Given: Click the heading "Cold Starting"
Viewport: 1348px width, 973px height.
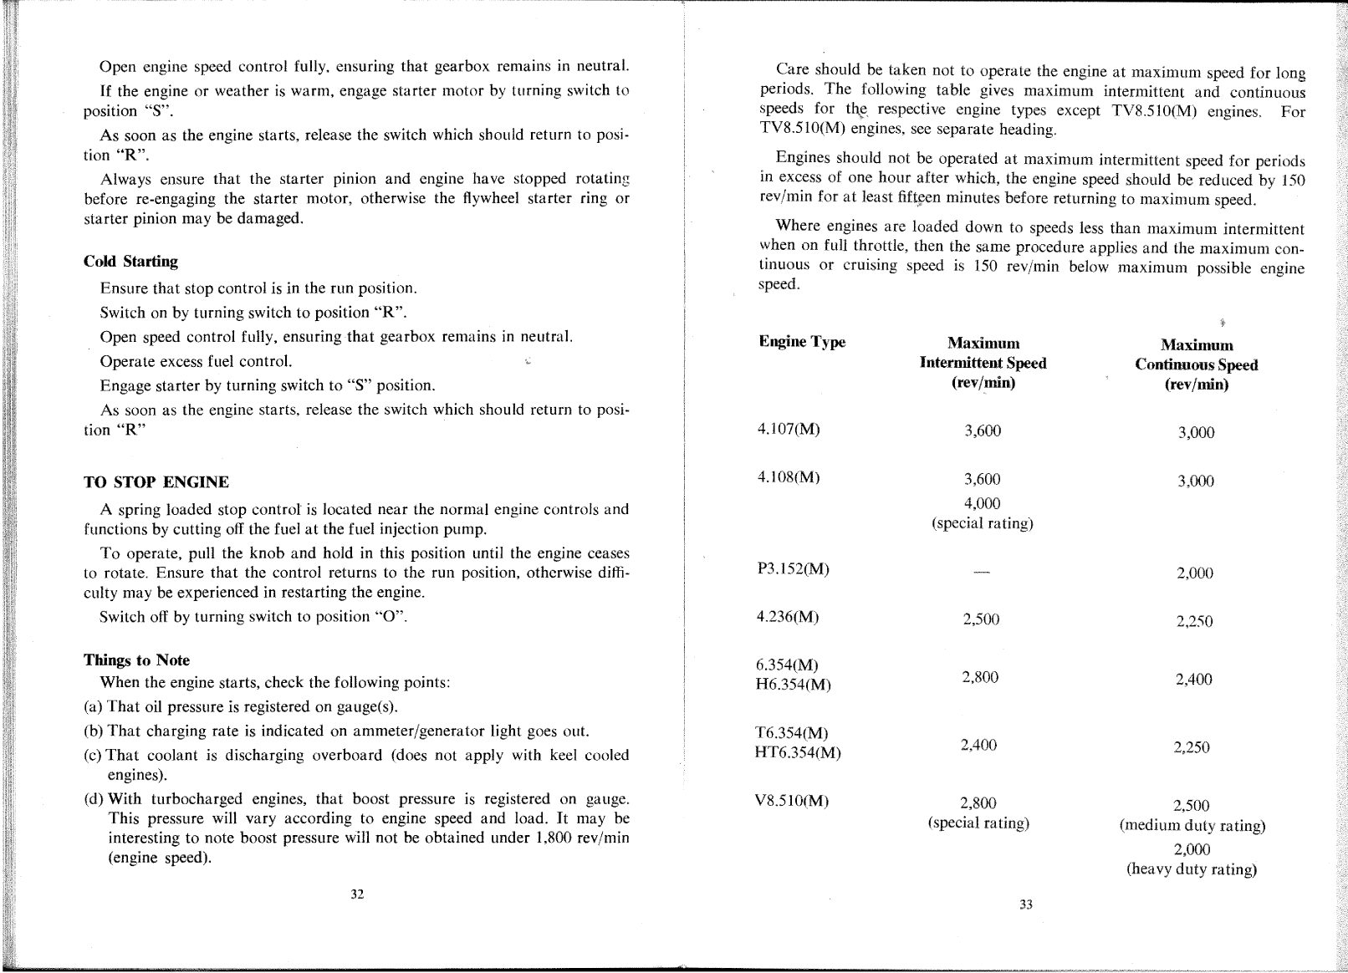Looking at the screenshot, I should [130, 262].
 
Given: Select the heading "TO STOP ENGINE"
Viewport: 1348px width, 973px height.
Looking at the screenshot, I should [156, 482].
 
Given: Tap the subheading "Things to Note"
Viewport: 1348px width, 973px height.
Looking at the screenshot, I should [136, 660].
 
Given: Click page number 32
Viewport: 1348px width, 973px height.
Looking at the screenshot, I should [357, 894].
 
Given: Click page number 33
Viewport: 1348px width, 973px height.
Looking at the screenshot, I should [1026, 904].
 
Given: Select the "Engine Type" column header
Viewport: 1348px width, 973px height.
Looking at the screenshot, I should [801, 342].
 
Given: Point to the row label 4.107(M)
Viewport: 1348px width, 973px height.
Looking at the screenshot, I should [788, 430].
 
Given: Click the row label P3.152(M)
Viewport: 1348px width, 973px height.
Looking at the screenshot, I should [792, 569].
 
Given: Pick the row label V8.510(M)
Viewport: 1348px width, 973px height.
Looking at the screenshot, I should [791, 801].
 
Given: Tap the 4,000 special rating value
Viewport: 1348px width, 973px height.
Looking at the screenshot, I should [982, 503].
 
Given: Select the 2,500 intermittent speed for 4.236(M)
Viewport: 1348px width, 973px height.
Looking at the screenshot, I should [981, 619].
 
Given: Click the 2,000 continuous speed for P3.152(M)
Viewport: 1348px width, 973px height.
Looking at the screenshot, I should [1194, 573].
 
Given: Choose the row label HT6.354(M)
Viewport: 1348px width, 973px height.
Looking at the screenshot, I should [797, 752].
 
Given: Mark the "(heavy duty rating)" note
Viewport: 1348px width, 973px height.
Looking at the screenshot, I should [1192, 869].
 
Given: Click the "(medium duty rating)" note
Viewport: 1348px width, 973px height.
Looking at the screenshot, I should [1192, 826].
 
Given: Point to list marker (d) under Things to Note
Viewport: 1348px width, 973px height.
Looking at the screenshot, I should [94, 799].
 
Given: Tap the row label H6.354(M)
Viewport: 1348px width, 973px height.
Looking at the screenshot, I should [793, 685].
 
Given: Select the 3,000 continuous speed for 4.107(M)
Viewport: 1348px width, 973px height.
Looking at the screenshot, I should [1196, 433].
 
